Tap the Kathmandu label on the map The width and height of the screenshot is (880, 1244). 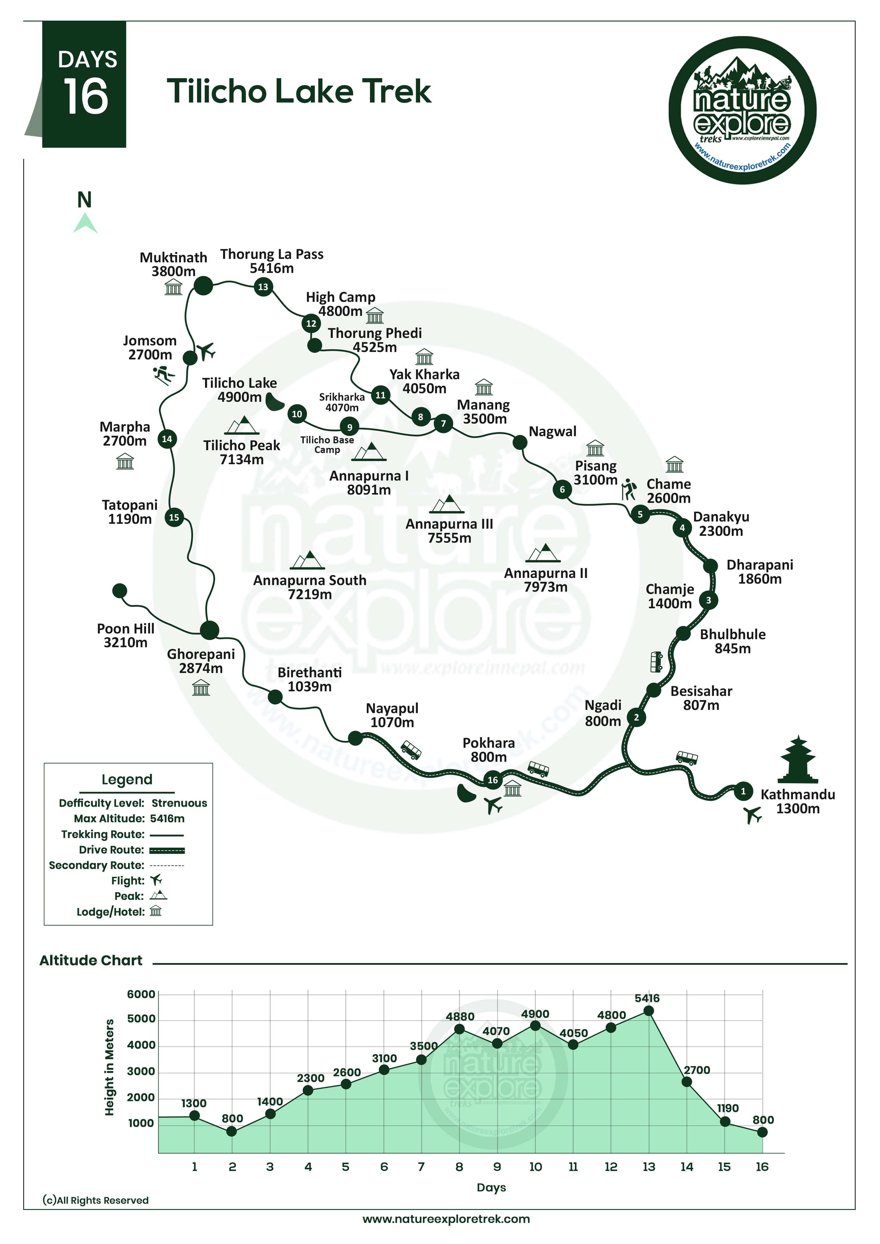pos(798,795)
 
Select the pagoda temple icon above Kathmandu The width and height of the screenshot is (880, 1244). pos(798,760)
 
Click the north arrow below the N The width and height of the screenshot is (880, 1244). pos(85,223)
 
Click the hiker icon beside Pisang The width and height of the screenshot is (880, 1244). pos(629,489)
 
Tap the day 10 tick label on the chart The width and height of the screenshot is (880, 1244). pos(536,1167)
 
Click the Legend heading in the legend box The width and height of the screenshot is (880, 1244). pos(127,780)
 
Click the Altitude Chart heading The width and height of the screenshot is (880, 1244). pos(91,960)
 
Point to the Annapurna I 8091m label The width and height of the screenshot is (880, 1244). pos(369,483)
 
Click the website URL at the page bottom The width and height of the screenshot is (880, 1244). pos(446,1219)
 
